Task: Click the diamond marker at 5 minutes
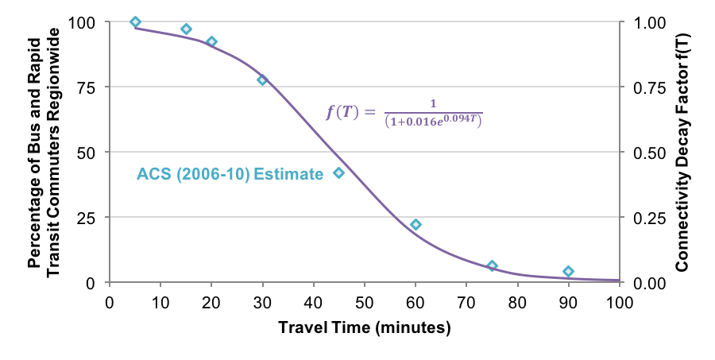tap(135, 22)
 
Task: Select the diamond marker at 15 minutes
tap(186, 29)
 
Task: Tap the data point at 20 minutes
tap(211, 41)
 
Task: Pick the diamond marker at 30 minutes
tap(262, 80)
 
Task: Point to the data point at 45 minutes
tap(338, 172)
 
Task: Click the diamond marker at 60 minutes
tap(415, 225)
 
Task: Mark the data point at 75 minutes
tap(492, 266)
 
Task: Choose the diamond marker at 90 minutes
tap(568, 272)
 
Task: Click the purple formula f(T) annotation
tap(404, 113)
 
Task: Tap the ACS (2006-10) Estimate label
tap(230, 174)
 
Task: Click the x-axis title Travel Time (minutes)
tap(365, 327)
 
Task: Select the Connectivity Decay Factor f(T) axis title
tap(682, 152)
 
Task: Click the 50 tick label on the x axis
tap(364, 302)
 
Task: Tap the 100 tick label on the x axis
tap(619, 302)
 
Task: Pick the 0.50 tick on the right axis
tap(648, 152)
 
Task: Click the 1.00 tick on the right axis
tap(648, 22)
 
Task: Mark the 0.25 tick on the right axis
tap(648, 218)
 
